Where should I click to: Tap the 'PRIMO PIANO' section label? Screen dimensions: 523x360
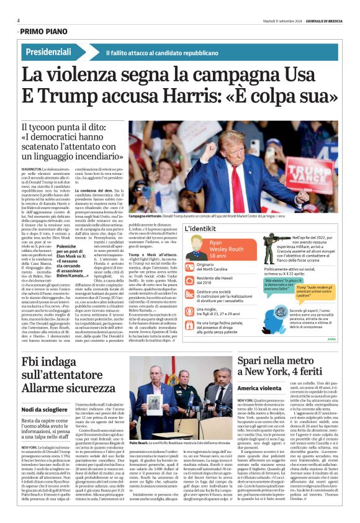[44, 31]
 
